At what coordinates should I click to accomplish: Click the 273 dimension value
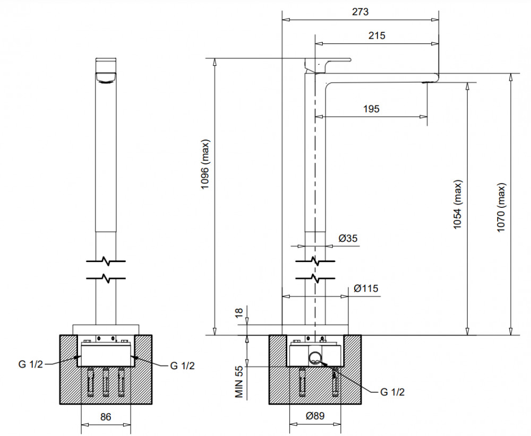[x=360, y=12]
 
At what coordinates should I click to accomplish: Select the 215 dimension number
[x=376, y=36]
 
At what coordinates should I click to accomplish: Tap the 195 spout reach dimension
[x=371, y=109]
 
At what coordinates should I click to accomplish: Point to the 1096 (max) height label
[x=205, y=164]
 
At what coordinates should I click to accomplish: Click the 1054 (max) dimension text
[x=458, y=205]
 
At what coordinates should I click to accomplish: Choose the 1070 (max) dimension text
[x=501, y=207]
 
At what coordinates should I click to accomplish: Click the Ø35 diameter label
[x=348, y=239]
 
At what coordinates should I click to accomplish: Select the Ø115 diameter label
[x=366, y=289]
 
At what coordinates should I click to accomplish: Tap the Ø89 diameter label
[x=315, y=416]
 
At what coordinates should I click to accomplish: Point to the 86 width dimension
[x=106, y=417]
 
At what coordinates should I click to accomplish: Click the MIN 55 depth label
[x=239, y=381]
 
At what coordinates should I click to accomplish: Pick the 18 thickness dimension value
[x=239, y=312]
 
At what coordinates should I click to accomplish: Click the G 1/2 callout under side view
[x=392, y=392]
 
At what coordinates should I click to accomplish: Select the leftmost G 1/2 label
[x=30, y=364]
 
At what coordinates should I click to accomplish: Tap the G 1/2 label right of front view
[x=182, y=365]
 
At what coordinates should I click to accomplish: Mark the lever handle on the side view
[x=328, y=65]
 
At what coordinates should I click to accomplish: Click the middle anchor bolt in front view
[x=106, y=382]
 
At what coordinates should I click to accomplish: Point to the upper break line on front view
[x=106, y=261]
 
